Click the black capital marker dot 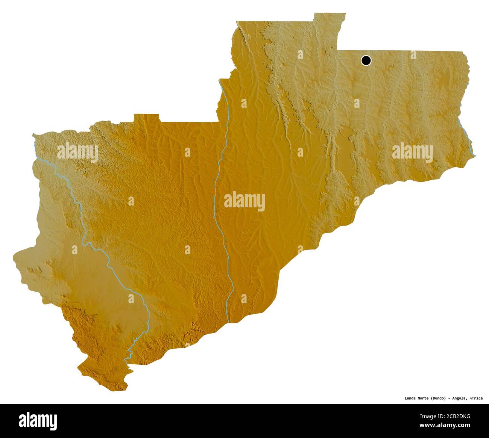[366, 60]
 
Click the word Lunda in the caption [411, 398]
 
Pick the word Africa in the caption [476, 398]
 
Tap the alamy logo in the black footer [38, 420]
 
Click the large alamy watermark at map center [244, 201]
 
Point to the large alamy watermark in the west [77, 152]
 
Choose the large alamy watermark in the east [412, 152]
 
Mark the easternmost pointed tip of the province [475, 155]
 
